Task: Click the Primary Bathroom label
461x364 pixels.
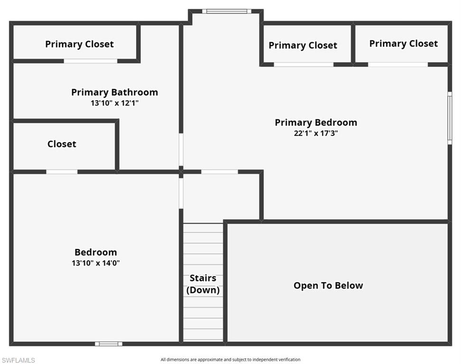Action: [x=114, y=92]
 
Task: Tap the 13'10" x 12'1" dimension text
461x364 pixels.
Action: [x=114, y=102]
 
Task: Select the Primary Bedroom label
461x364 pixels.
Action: [x=316, y=123]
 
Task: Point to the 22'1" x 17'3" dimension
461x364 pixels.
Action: [x=316, y=133]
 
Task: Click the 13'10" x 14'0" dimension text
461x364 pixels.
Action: [x=95, y=263]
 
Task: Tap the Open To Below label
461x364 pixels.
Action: [x=328, y=285]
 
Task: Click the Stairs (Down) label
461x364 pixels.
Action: [x=203, y=284]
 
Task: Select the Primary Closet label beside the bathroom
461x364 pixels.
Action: [x=79, y=44]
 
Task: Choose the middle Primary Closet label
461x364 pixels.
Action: [x=303, y=45]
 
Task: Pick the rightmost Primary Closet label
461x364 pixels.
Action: [x=403, y=44]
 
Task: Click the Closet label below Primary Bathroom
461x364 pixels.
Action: [x=62, y=144]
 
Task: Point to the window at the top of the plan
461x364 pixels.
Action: [x=227, y=11]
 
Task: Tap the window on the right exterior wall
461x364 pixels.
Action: [x=450, y=118]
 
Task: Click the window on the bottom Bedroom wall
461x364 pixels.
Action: [x=108, y=344]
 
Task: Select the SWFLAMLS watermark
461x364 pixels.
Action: [x=18, y=360]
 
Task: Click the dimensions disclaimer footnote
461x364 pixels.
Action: [x=230, y=360]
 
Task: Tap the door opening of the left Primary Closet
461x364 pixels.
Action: [x=91, y=61]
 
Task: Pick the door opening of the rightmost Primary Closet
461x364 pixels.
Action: [x=398, y=64]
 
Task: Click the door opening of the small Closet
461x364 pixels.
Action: [x=62, y=172]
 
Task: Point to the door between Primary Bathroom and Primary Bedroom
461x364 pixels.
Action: [x=181, y=149]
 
